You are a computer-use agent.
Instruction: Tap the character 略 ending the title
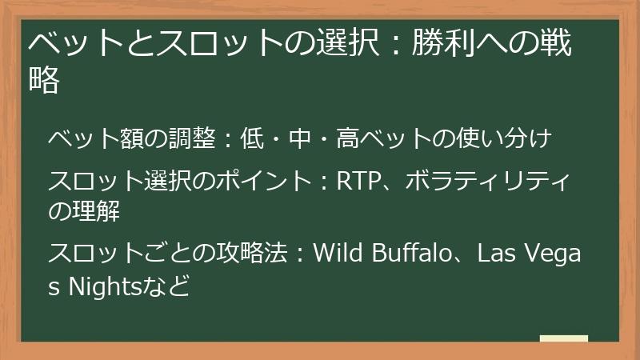(46, 81)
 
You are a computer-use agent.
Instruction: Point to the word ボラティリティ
(488, 182)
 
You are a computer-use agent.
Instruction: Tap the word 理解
(94, 210)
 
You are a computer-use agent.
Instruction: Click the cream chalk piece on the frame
(564, 338)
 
